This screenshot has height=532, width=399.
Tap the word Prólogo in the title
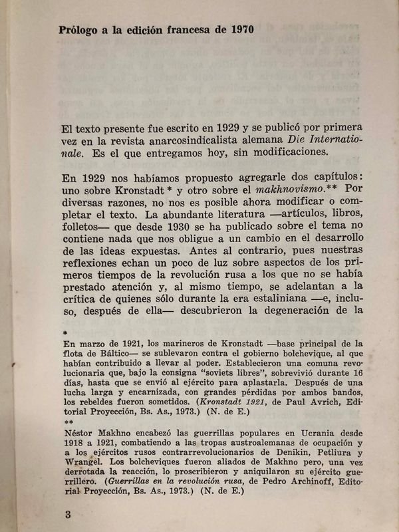[x=80, y=31]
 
